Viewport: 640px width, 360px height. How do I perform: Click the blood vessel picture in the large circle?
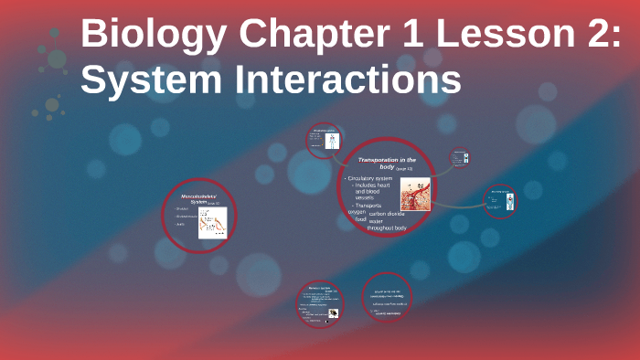pyautogui.click(x=414, y=194)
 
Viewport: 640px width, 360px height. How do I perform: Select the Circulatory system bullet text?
pyautogui.click(x=371, y=178)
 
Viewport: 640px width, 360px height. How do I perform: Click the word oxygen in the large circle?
pyautogui.click(x=356, y=212)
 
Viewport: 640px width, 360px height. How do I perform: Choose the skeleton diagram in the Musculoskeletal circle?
pyautogui.click(x=212, y=222)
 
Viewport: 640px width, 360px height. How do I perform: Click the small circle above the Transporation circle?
pyautogui.click(x=324, y=141)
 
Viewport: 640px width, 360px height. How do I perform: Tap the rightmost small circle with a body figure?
pyautogui.click(x=500, y=202)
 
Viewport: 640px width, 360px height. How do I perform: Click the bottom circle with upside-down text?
pyautogui.click(x=387, y=298)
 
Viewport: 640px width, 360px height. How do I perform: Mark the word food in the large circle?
pyautogui.click(x=360, y=219)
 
